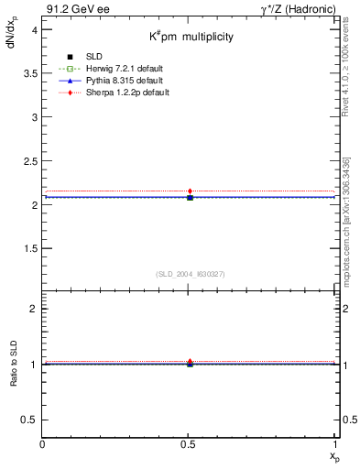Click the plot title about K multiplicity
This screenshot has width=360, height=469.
point(191,37)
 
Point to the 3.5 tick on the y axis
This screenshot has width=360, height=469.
point(28,74)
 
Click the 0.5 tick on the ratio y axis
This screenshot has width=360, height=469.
point(28,420)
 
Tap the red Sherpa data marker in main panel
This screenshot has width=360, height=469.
point(190,191)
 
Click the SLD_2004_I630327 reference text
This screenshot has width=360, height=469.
point(191,274)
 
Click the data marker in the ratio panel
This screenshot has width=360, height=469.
point(190,363)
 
